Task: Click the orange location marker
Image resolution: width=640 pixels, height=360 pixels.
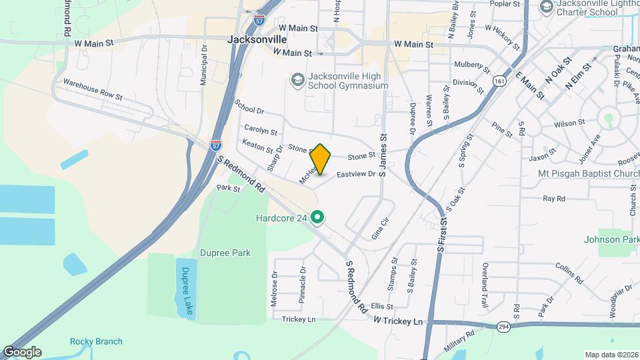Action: point(321,159)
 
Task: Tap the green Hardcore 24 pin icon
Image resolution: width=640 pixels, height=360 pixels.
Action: point(319,217)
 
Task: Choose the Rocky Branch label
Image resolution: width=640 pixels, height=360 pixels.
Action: point(96,341)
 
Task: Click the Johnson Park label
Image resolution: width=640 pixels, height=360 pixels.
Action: point(611,239)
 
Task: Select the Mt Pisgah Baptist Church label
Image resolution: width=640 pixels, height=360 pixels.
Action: point(589,174)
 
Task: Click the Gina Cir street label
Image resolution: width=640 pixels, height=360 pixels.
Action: point(379,229)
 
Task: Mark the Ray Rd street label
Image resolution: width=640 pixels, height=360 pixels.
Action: point(553,199)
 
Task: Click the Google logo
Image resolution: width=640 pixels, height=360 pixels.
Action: point(22,351)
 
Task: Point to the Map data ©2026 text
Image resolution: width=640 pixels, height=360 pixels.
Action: point(611,355)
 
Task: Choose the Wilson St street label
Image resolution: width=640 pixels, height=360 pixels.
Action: point(569,123)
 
